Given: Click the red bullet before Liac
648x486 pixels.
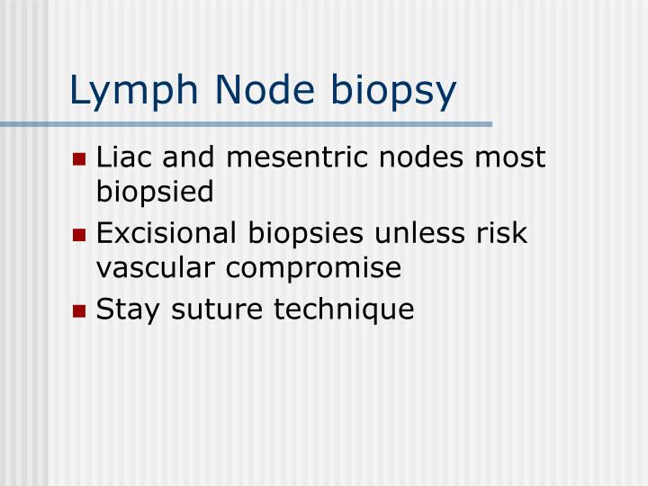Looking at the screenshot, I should (x=80, y=159).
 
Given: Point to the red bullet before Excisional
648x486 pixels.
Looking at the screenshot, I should (x=80, y=236).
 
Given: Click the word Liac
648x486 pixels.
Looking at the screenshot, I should (x=124, y=157).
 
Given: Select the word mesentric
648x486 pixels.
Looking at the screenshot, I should (x=292, y=157).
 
